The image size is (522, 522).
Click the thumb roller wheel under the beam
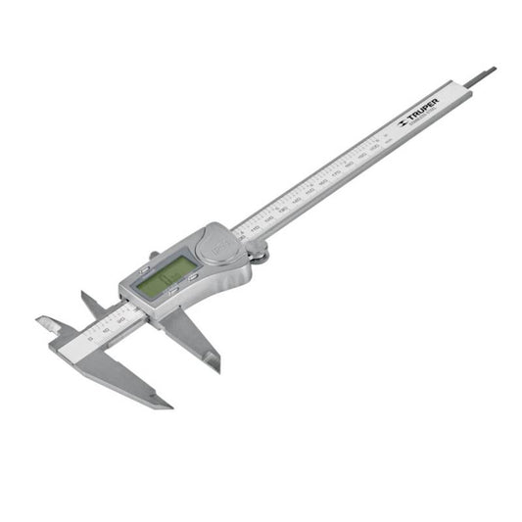[260, 257]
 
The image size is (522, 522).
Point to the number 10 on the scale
[106, 329]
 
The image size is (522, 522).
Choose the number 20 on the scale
[120, 321]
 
